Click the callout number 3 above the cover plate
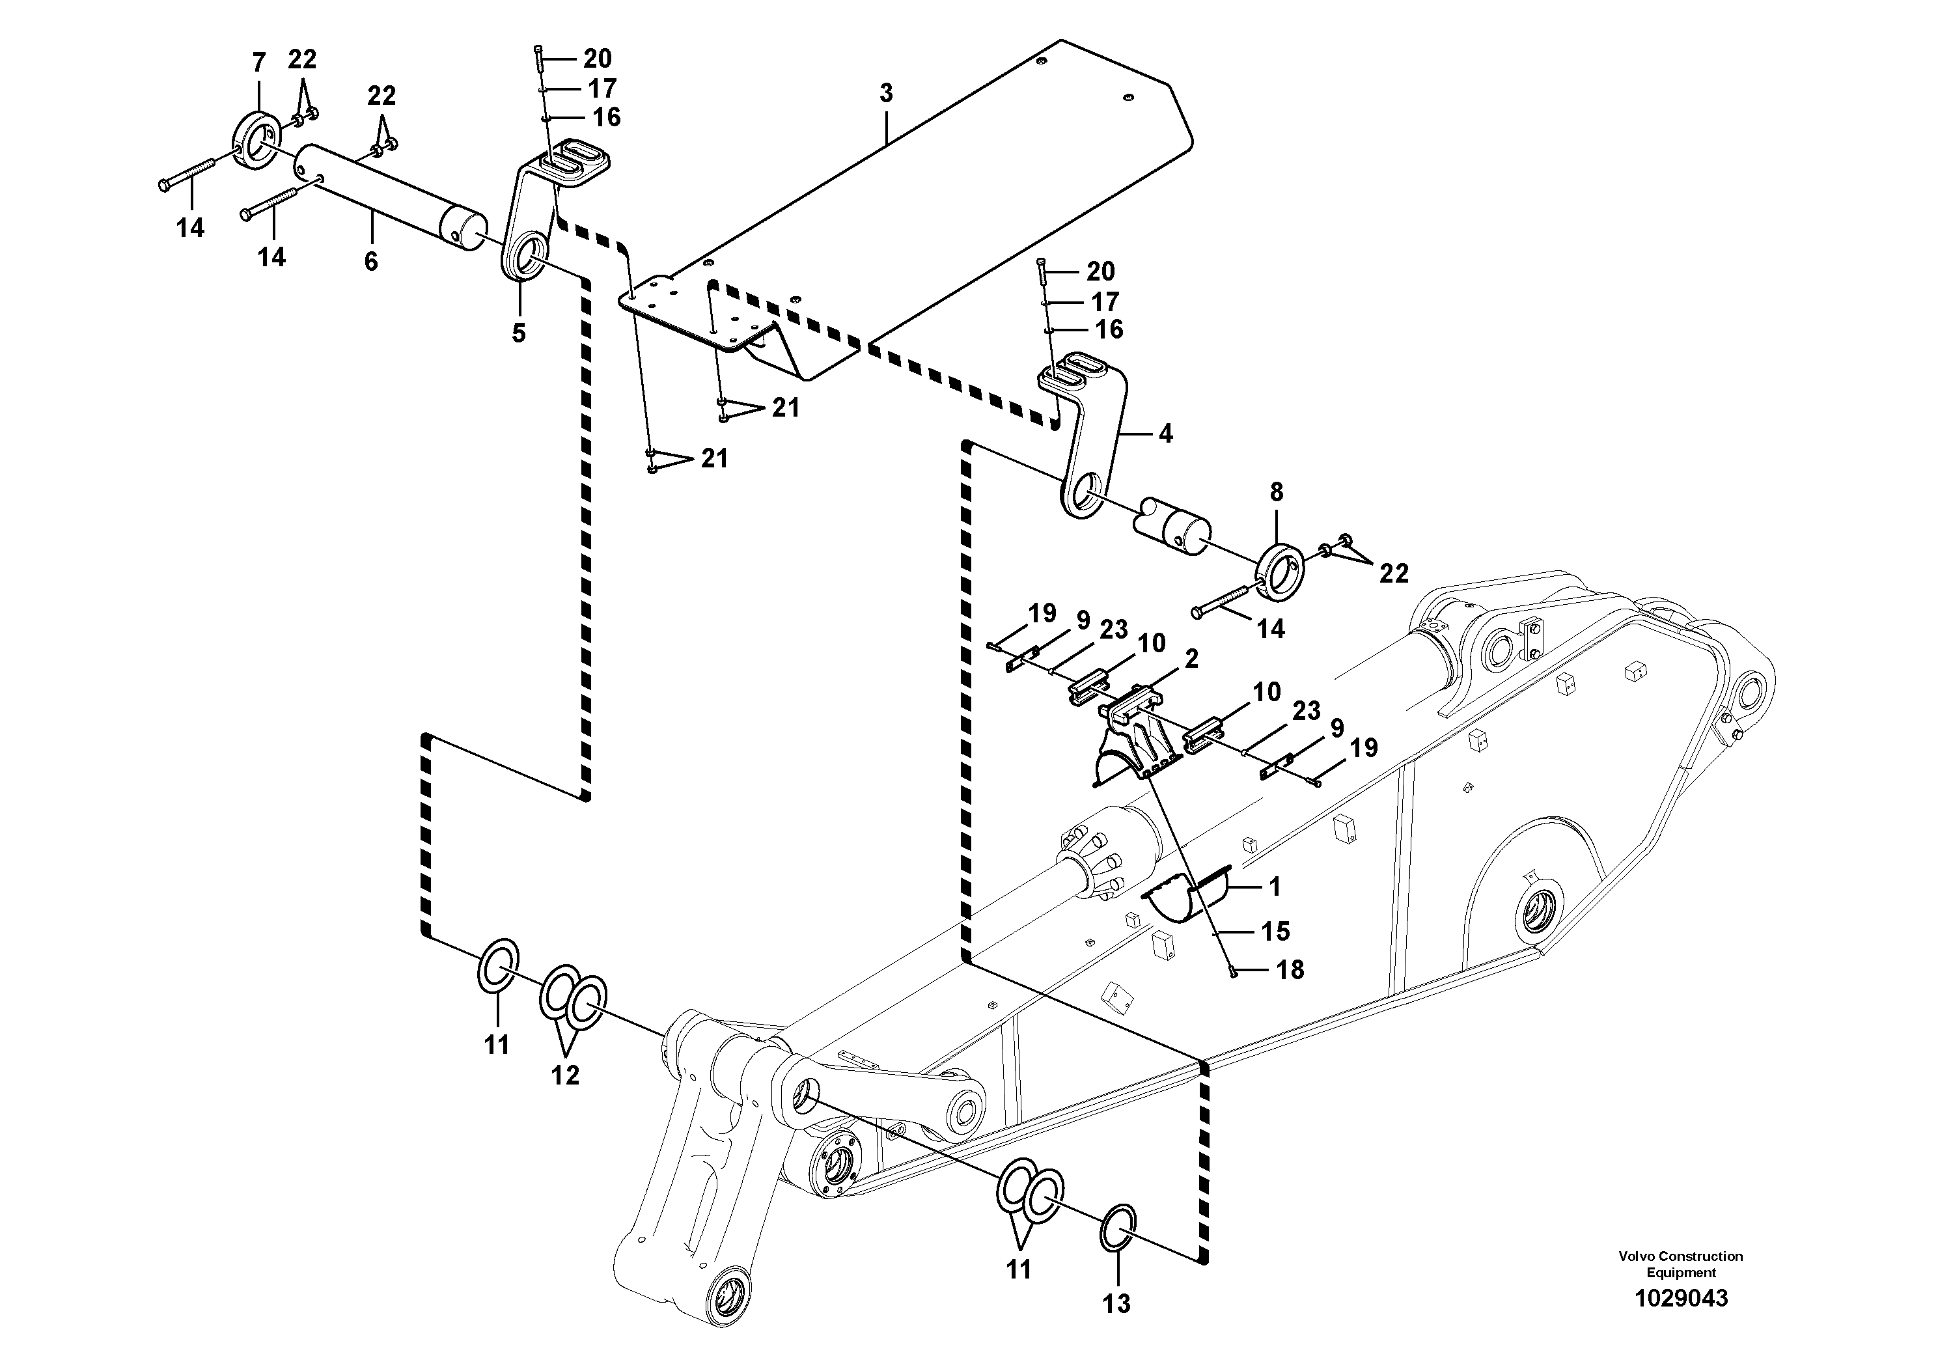[x=885, y=94]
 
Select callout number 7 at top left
[x=258, y=62]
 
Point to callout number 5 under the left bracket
[x=518, y=333]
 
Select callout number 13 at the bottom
[x=1116, y=1304]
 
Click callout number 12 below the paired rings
[x=566, y=1075]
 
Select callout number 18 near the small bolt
[x=1290, y=970]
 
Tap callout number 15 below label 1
[x=1275, y=931]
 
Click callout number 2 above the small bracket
[x=1191, y=658]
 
